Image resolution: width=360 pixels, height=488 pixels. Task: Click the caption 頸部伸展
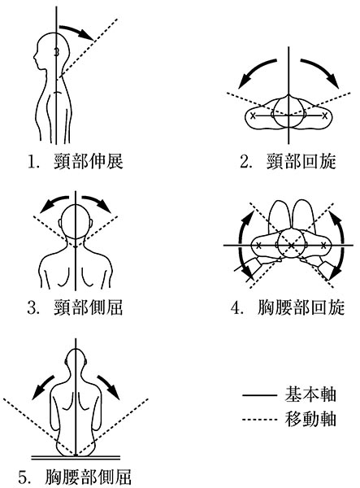(x=89, y=162)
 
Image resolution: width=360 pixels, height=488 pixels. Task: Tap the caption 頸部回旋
(x=301, y=162)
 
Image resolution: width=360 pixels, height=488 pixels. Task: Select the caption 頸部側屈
(x=89, y=307)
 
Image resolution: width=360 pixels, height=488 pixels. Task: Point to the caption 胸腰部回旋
(x=301, y=307)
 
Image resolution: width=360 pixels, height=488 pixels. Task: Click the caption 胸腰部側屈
(x=89, y=477)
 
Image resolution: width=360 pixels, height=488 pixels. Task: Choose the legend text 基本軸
(x=310, y=394)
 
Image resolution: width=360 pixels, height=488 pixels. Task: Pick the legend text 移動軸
(x=310, y=419)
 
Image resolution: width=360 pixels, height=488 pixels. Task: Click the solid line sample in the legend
(x=259, y=395)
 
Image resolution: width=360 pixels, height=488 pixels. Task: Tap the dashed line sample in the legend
(x=259, y=420)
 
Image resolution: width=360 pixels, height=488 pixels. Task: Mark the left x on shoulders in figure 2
(x=253, y=116)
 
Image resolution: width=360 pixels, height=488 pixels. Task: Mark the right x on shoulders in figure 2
(x=325, y=116)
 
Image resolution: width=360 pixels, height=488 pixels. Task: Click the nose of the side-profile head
(x=35, y=57)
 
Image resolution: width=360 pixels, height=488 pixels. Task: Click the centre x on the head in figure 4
(x=291, y=246)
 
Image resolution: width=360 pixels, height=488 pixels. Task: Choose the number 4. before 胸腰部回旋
(x=236, y=308)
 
